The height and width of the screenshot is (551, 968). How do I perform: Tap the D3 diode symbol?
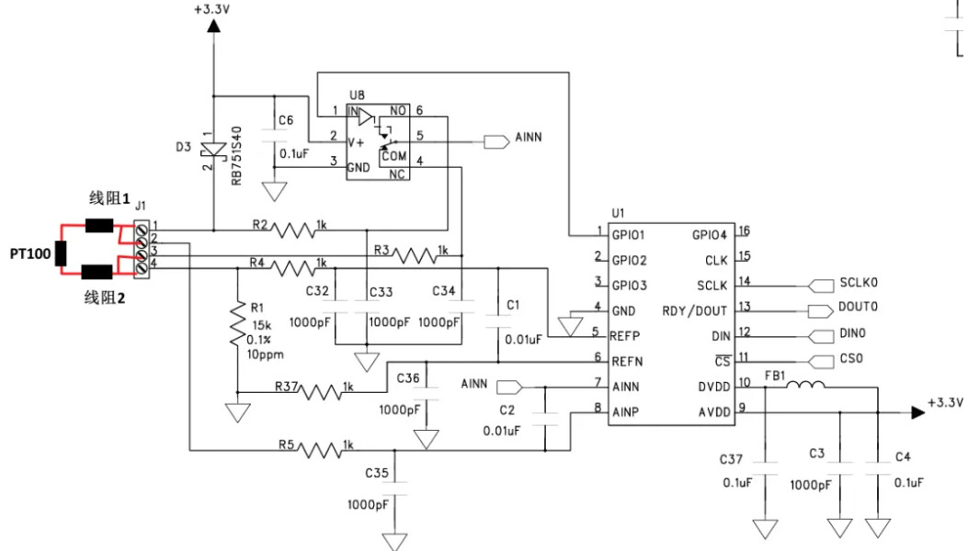[x=213, y=150]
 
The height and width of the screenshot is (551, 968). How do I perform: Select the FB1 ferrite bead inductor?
[x=805, y=385]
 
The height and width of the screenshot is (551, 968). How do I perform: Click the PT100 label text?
[x=30, y=253]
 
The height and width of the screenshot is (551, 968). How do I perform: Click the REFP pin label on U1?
[x=625, y=336]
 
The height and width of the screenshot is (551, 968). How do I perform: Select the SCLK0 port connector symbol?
[x=820, y=286]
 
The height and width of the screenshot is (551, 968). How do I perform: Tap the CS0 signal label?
[x=851, y=358]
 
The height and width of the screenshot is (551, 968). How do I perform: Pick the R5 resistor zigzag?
[x=321, y=450]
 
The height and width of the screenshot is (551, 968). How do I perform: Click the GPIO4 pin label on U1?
[x=710, y=235]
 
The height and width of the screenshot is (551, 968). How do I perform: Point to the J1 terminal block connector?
[x=142, y=249]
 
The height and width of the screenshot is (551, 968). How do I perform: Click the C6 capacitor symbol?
[x=274, y=136]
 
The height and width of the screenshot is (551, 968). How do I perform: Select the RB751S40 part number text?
[x=236, y=155]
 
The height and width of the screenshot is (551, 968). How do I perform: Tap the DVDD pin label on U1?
[x=714, y=387]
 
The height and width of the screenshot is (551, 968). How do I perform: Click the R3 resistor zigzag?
[x=415, y=255]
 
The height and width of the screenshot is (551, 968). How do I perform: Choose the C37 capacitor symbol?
[x=766, y=468]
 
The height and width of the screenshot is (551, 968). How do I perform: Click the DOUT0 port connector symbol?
[x=820, y=311]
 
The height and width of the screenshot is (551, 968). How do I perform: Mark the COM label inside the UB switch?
[x=393, y=156]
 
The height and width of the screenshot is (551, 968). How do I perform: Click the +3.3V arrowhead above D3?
[x=213, y=26]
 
